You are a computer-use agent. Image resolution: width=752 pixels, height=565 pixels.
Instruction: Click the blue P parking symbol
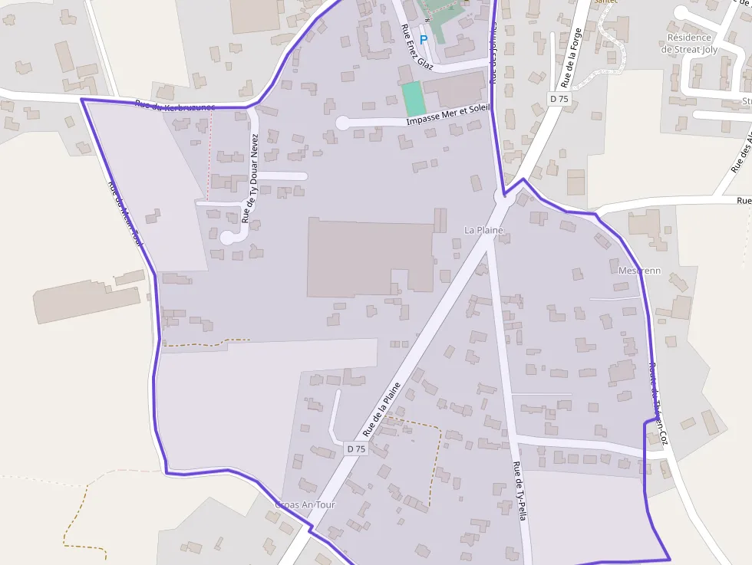coord(423,38)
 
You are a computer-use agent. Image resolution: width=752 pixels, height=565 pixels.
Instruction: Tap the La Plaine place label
coord(483,230)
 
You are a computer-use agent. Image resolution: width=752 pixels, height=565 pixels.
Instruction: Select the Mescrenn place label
coord(639,271)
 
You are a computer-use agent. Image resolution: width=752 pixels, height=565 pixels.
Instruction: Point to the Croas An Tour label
coord(305,505)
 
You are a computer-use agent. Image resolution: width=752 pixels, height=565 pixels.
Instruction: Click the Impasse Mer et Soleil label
coord(447,114)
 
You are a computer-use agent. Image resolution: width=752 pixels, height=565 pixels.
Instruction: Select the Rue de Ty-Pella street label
coord(519,491)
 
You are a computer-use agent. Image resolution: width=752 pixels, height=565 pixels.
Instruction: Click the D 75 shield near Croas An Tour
coord(356,448)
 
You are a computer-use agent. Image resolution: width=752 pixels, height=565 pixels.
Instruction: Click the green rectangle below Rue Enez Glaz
coord(412,100)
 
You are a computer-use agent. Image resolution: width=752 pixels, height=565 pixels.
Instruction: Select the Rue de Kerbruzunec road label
coord(175,106)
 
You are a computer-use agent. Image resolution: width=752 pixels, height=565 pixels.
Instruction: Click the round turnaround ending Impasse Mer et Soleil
coord(342,123)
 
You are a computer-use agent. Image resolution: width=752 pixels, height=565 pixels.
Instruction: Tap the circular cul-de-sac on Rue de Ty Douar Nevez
coord(227,238)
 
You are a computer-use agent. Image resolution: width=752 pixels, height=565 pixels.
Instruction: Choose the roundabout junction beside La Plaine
coord(503,199)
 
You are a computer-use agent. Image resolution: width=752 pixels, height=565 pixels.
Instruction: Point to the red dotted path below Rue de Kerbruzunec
coord(209,149)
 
